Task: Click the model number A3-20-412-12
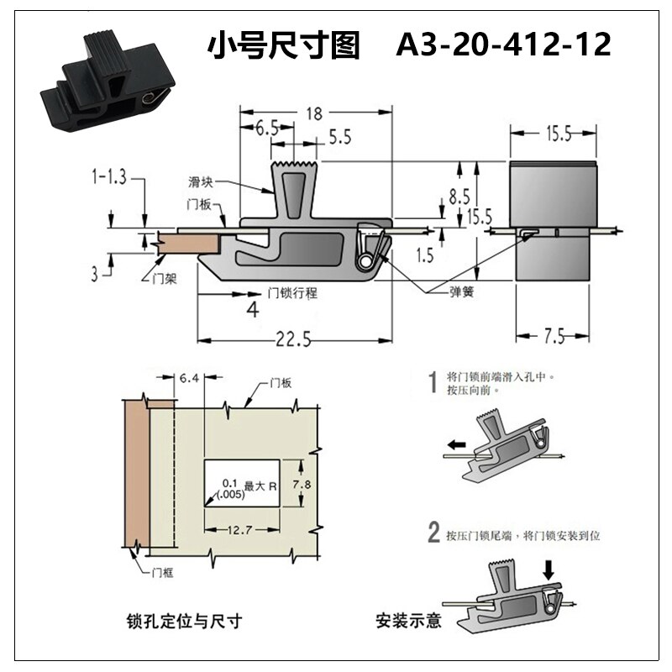tap(503, 45)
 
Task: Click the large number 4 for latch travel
tap(250, 312)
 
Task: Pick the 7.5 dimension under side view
tap(552, 337)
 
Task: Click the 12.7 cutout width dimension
tap(240, 528)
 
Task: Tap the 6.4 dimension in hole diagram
tap(189, 379)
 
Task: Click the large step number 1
tap(433, 384)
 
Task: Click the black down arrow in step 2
tap(549, 569)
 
